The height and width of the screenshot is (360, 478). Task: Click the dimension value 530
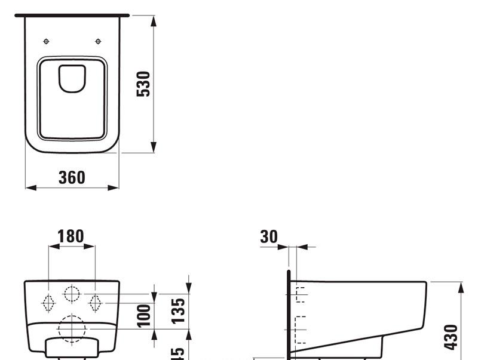tap(144, 84)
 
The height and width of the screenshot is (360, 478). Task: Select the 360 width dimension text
tap(72, 177)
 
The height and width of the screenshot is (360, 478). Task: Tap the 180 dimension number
tap(71, 236)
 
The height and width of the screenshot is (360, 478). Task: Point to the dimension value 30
tap(269, 236)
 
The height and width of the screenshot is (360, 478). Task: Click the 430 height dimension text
tap(452, 337)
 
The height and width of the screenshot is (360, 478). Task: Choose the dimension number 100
tap(143, 315)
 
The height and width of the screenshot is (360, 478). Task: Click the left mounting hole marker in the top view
tap(47, 41)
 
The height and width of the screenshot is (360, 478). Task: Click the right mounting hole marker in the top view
tap(98, 41)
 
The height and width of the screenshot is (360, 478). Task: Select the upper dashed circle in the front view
tap(72, 294)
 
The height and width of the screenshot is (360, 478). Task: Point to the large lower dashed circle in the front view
tap(72, 328)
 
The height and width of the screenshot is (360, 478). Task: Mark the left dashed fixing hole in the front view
tap(48, 303)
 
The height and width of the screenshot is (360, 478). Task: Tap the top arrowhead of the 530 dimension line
tap(154, 20)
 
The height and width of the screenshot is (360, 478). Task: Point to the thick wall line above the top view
tap(72, 15)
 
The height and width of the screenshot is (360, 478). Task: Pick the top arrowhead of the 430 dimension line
tap(461, 287)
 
